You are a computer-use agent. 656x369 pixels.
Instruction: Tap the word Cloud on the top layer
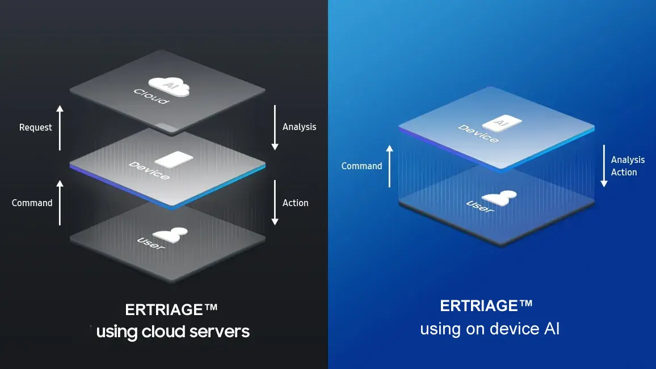pos(150,96)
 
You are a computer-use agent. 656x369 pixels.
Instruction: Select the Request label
pos(35,127)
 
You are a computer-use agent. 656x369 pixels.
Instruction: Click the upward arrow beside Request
pos(60,127)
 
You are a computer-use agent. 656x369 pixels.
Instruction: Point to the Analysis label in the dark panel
pos(299,127)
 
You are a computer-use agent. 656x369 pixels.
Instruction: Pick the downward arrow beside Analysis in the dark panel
pos(275,127)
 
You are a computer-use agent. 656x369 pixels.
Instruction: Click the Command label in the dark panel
pos(32,203)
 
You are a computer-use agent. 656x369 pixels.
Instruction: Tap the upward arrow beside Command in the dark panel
pos(60,202)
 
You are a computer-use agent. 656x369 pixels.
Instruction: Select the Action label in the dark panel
pos(295,203)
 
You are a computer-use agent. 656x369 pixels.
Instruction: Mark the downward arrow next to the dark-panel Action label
pos(275,203)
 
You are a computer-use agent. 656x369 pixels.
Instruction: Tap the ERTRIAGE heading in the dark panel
pos(171,310)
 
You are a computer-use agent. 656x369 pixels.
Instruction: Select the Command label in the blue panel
pos(361,166)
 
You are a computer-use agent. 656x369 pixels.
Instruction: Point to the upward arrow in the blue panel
pos(389,165)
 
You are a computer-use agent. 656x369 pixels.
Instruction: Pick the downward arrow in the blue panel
pos(604,166)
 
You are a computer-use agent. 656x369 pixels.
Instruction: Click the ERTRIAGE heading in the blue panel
pos(486,306)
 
